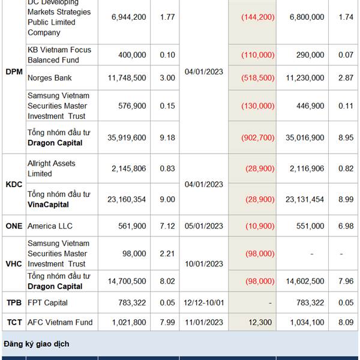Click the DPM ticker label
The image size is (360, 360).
tap(13, 72)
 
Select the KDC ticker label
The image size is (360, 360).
tap(13, 184)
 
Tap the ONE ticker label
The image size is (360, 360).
tap(13, 226)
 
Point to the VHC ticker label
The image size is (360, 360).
tap(13, 264)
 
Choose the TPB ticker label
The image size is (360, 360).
tap(13, 303)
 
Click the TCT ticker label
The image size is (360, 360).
tap(13, 323)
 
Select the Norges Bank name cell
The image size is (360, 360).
tap(49, 78)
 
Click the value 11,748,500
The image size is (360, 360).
tap(126, 78)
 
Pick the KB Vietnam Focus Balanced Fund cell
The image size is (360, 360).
tap(59, 55)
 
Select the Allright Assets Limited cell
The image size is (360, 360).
tap(52, 169)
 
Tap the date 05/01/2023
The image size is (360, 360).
tap(203, 226)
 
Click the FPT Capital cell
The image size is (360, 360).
tap(47, 303)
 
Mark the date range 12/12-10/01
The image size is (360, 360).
tap(203, 303)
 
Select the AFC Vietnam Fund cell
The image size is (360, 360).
tap(60, 323)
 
